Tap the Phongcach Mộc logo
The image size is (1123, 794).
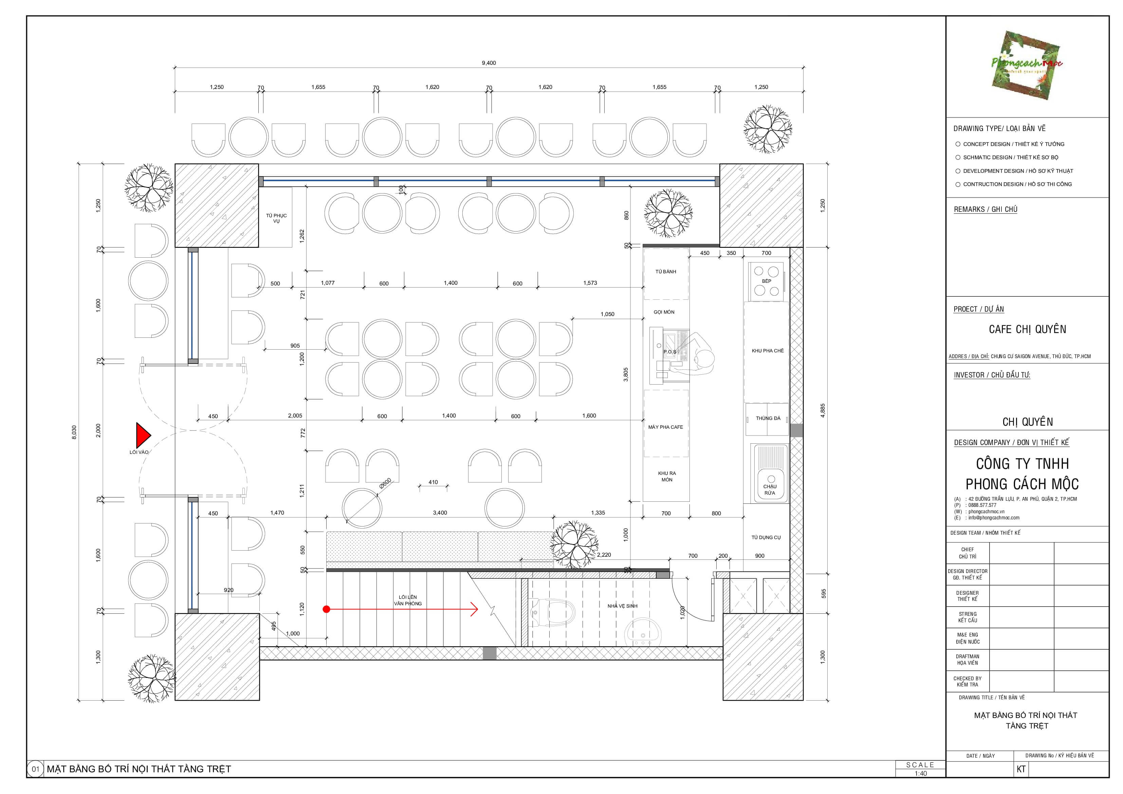[1027, 65]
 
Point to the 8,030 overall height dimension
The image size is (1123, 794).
[74, 432]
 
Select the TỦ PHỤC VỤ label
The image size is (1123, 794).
[276, 218]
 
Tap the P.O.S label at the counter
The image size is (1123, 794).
[669, 352]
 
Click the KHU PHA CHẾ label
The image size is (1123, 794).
[768, 351]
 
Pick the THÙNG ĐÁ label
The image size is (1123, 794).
[768, 418]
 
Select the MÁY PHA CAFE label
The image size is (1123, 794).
[666, 427]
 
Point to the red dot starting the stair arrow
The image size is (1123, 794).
[326, 609]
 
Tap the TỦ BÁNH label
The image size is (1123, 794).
[666, 272]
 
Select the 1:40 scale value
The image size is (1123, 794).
[921, 773]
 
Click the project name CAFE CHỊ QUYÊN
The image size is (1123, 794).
[1027, 329]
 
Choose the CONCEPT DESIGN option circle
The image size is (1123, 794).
[958, 144]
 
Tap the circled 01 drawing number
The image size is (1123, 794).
[35, 769]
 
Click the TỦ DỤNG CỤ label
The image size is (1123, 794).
[766, 538]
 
